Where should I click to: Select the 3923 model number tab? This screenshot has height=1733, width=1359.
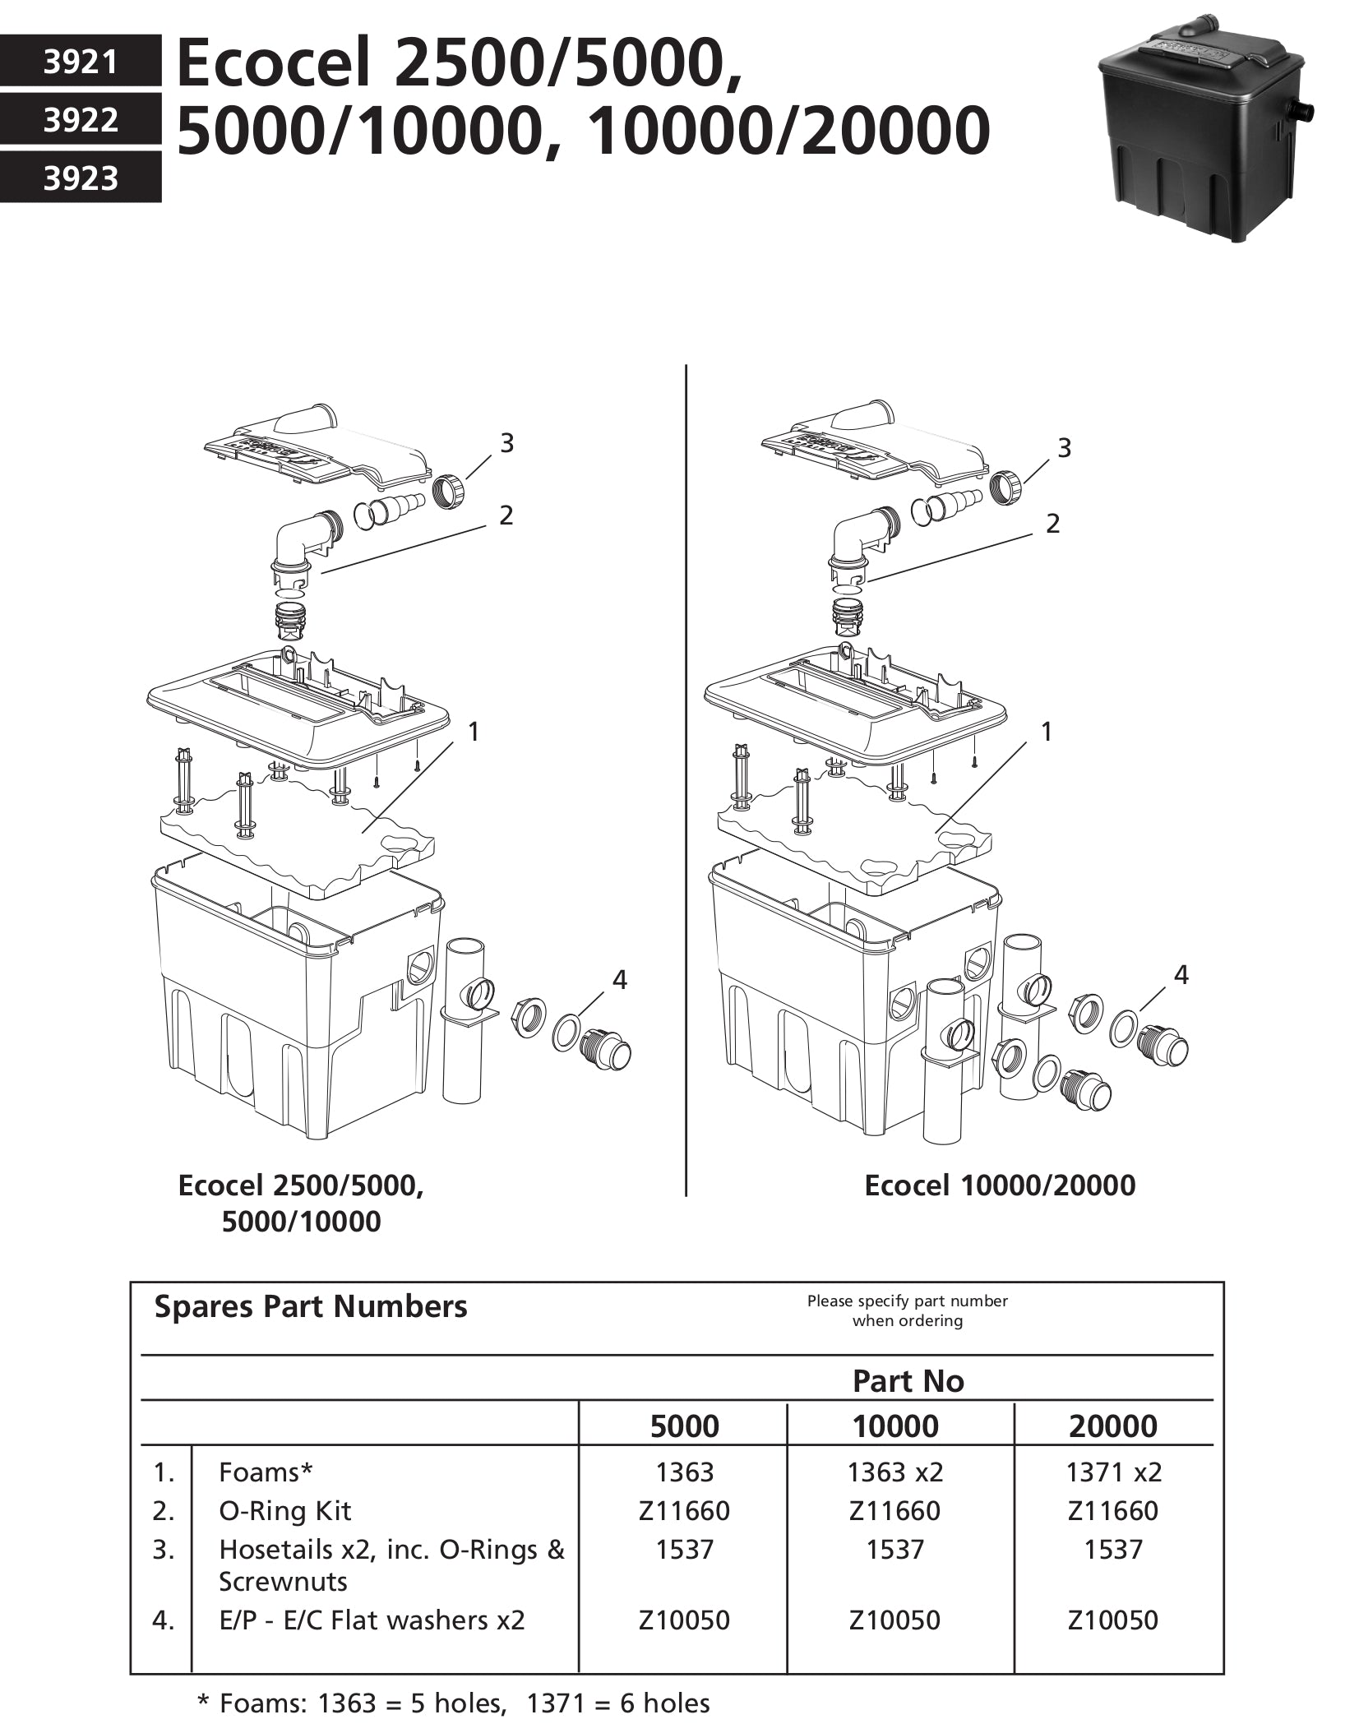point(80,178)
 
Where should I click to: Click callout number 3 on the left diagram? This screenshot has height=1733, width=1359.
point(506,443)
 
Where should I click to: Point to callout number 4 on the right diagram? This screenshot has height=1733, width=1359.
point(1181,975)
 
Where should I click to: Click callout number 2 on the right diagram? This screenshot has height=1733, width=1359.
point(1053,524)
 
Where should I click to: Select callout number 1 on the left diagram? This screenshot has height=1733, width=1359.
point(473,731)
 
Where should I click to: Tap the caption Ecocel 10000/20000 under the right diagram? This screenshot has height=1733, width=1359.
point(1000,1185)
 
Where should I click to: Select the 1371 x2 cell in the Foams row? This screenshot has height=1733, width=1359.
point(1113,1472)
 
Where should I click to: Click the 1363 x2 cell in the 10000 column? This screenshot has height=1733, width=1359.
point(895,1472)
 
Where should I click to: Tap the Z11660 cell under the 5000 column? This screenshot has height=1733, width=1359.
point(684,1510)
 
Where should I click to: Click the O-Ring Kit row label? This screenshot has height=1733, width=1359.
point(284,1510)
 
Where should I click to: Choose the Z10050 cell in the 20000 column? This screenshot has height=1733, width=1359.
point(1112,1620)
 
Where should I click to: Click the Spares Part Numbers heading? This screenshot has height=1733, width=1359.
point(311,1306)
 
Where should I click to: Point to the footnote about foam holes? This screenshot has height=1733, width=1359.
point(454,1703)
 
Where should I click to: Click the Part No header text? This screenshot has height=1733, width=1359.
point(908,1381)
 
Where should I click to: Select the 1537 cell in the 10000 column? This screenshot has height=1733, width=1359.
point(895,1550)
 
